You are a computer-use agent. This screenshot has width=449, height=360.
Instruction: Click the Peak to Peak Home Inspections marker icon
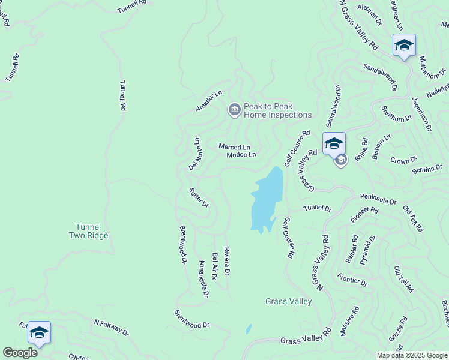pos(234,109)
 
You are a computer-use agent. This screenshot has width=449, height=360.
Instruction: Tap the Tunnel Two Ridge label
pos(92,231)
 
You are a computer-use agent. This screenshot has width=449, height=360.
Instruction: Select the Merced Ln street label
pos(234,147)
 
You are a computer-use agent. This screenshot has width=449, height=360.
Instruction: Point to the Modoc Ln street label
pos(241,155)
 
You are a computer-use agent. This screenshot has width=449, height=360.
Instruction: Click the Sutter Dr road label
pos(199,197)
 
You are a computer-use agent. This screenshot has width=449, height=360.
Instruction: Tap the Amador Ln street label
pos(209,101)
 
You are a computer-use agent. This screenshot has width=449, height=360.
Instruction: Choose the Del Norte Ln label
pos(193,155)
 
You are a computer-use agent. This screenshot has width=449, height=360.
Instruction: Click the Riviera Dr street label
pos(227,261)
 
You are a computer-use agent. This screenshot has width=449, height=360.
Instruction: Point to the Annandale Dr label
pos(203,283)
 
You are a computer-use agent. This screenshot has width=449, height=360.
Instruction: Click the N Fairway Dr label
pos(111,327)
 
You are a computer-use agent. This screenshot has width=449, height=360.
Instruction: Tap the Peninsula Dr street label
pos(378,199)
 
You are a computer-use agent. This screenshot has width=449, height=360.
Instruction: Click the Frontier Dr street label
pos(352,279)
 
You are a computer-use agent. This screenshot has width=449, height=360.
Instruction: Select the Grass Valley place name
pos(289,301)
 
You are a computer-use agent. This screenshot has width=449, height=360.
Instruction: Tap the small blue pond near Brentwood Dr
pos(248,329)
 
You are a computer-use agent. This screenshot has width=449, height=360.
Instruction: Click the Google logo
pos(20,353)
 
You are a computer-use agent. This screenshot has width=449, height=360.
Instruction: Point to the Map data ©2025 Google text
pos(411,355)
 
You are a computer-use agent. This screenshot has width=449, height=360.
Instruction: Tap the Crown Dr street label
pos(403,160)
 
